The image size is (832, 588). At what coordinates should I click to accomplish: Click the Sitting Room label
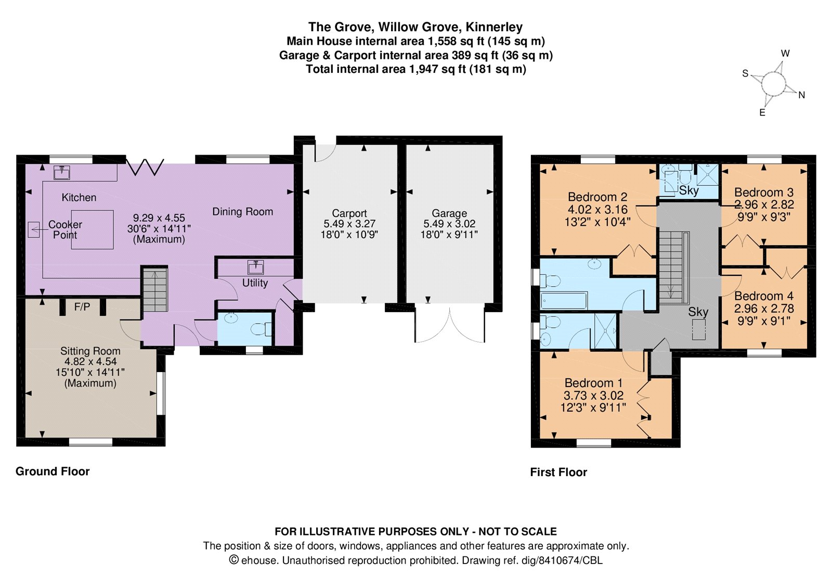(x=90, y=351)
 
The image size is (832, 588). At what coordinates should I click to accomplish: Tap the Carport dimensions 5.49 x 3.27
(x=349, y=224)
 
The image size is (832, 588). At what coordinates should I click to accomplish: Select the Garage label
(x=449, y=213)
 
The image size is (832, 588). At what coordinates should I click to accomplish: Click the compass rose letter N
(x=801, y=95)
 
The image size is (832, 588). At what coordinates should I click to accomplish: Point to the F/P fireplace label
(x=82, y=307)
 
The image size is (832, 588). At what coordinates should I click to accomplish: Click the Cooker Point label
(x=65, y=229)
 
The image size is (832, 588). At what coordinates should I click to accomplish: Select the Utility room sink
(x=255, y=267)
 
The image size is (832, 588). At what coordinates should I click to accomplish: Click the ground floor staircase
(x=155, y=289)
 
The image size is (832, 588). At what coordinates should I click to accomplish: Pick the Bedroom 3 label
(x=763, y=192)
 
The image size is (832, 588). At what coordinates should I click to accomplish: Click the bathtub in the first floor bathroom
(x=564, y=300)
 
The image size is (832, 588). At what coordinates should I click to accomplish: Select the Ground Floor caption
(x=53, y=471)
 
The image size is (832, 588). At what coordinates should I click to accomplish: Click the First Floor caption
(x=558, y=472)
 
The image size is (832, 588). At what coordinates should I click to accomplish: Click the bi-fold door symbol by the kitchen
(x=145, y=167)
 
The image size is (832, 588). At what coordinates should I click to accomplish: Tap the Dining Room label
(x=242, y=212)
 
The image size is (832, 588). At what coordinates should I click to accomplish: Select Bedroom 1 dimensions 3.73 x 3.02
(x=593, y=395)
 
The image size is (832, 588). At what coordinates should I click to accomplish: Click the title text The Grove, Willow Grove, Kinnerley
(x=415, y=27)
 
